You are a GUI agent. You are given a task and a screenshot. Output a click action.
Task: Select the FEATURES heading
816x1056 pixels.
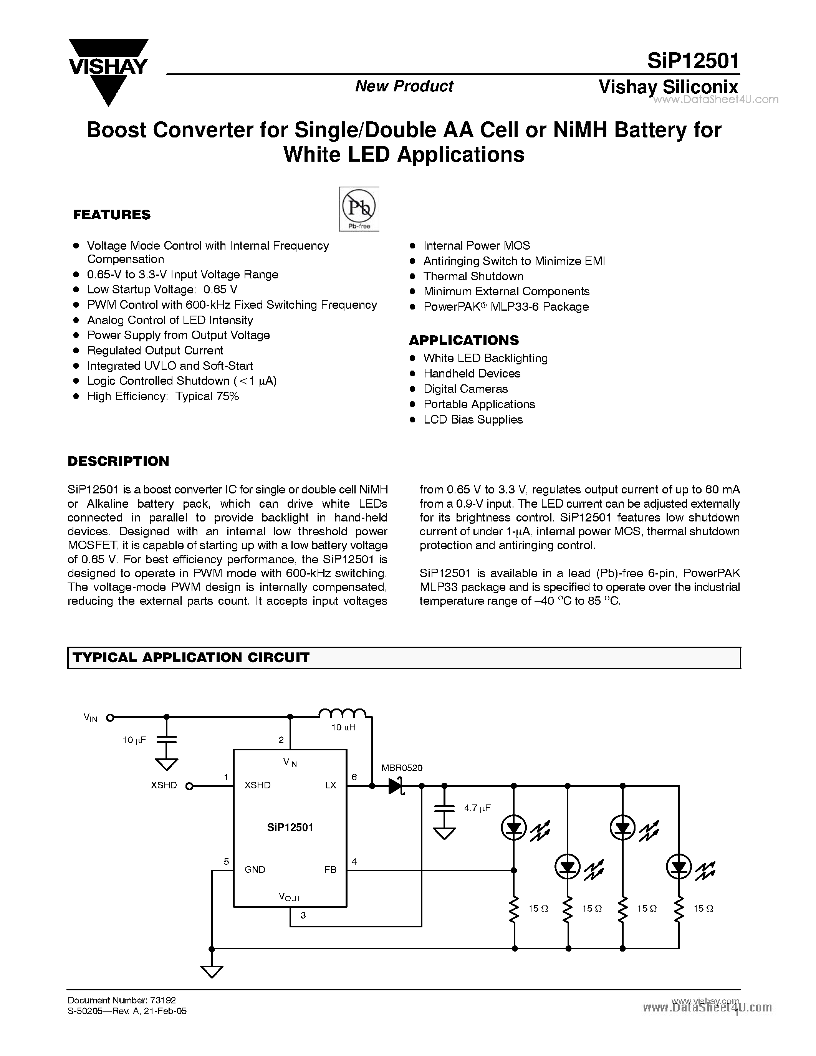point(112,215)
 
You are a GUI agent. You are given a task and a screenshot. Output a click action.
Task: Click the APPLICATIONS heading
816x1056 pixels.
point(463,340)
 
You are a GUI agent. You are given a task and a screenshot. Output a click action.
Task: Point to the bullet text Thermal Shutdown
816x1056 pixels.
point(473,276)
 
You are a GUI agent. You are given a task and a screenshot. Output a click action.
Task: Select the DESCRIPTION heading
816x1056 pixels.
point(118,461)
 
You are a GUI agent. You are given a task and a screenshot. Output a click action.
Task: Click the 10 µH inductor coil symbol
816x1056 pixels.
point(342,713)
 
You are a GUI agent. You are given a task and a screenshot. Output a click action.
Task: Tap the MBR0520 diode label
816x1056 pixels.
point(402,768)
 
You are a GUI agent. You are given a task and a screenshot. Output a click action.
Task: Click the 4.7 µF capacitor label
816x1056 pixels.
point(477,807)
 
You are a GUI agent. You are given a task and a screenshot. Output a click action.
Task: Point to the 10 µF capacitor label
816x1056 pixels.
point(134,740)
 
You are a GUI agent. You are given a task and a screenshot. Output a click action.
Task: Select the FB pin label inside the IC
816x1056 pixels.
point(330,869)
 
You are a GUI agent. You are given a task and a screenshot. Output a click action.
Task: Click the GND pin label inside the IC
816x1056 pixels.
point(255,869)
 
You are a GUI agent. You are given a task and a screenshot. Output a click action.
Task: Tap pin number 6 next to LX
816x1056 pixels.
point(354,776)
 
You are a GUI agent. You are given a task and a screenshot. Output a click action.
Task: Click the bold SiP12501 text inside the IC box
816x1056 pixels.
point(290,827)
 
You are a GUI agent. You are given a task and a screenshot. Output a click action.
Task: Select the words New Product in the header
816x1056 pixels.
point(404,86)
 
